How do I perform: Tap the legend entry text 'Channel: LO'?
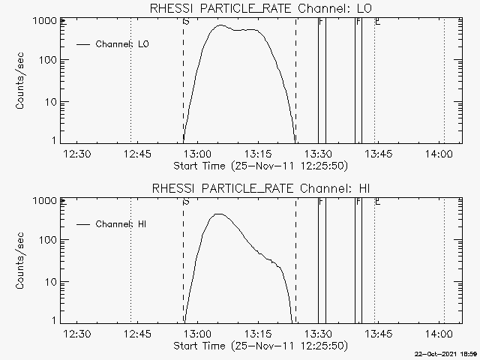123,44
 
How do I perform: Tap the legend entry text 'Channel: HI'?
121,224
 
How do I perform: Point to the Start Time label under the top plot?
259,165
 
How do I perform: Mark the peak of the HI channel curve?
218,214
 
